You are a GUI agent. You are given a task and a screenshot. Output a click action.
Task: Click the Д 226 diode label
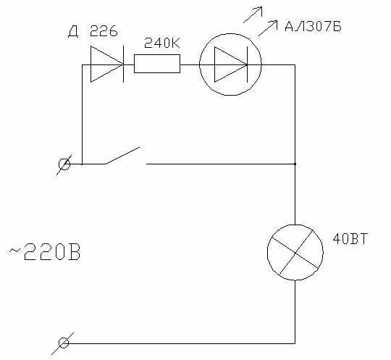pos(93,31)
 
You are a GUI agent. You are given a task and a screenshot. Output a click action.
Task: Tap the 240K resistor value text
pos(162,43)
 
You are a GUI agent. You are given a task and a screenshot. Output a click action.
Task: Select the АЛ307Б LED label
pos(313,27)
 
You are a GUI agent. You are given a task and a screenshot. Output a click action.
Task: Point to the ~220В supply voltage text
pos(44,252)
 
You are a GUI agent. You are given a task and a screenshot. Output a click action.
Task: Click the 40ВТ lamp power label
pos(350,239)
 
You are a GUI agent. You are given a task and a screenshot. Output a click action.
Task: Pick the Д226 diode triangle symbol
pos(107,64)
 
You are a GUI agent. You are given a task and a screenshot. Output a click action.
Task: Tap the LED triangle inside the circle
pos(231,64)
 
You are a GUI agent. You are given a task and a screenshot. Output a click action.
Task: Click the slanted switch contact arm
pos(122,156)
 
